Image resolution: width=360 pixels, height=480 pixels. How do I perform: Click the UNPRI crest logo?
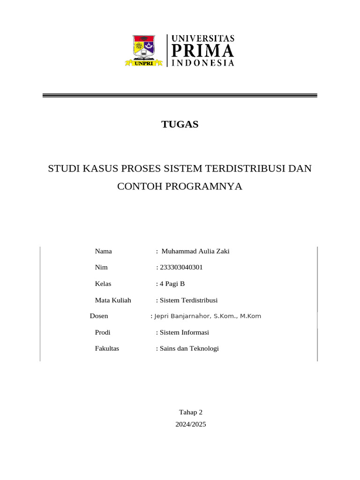(x=145, y=50)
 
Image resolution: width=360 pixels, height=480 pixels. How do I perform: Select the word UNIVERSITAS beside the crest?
(x=203, y=38)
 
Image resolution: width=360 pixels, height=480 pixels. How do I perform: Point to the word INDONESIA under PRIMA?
(x=203, y=63)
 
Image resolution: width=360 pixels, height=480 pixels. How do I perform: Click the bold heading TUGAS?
(x=180, y=125)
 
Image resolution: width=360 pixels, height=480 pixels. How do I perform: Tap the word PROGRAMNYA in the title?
(x=204, y=186)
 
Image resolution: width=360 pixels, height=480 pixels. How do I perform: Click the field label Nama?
(x=103, y=251)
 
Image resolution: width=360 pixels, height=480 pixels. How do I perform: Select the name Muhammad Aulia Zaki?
(x=195, y=251)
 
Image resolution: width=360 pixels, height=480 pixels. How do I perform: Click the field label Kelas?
(x=103, y=284)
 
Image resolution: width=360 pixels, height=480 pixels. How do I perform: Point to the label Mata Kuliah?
(x=113, y=300)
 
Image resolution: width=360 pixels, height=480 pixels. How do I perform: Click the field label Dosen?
(x=99, y=316)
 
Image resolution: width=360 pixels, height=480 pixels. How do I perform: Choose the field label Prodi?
(x=103, y=332)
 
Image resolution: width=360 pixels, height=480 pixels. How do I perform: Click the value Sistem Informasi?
(x=184, y=332)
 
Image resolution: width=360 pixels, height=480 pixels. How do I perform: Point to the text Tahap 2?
(x=191, y=412)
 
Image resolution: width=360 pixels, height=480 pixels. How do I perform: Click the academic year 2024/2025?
(x=191, y=425)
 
